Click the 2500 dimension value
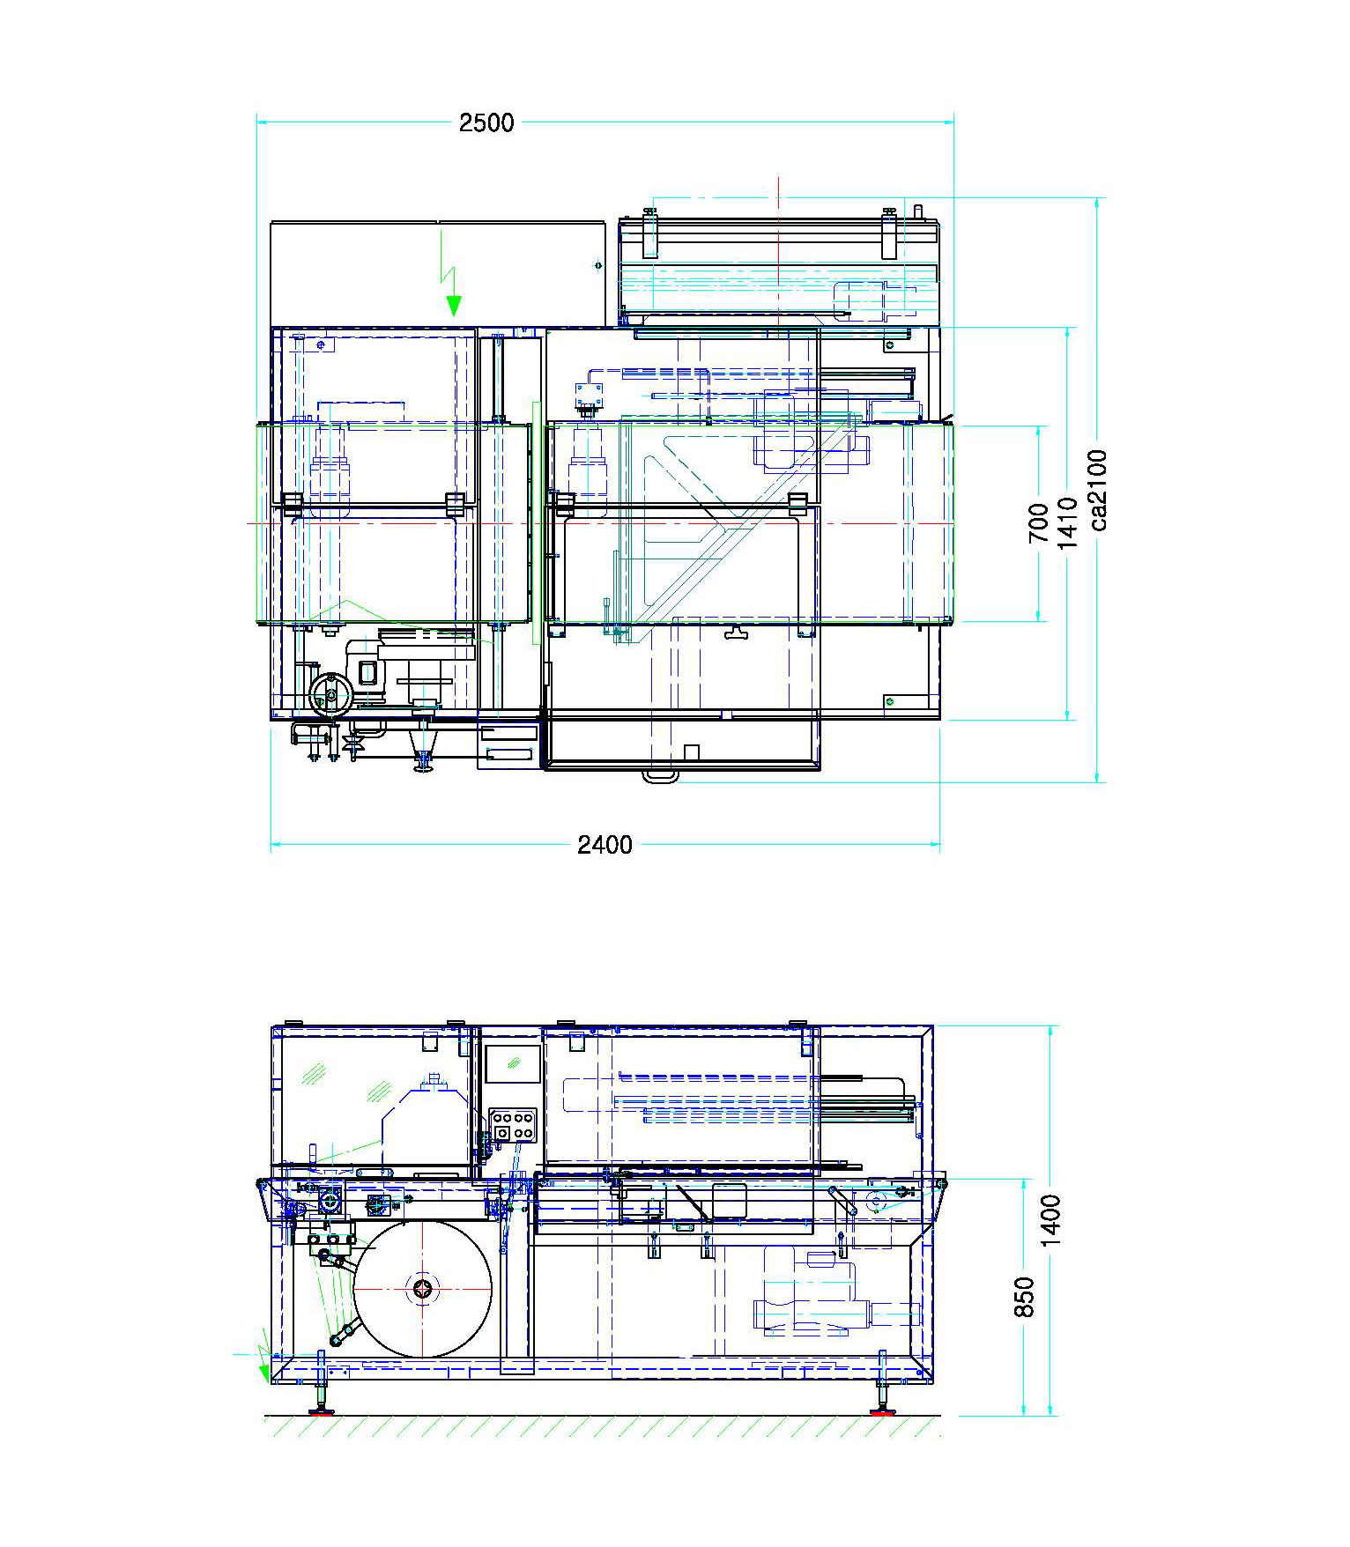point(486,122)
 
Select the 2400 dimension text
point(605,845)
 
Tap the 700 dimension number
point(1040,522)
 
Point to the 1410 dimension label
point(1068,522)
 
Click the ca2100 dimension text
point(1098,491)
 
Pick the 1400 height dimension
point(1051,1220)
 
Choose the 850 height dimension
point(1024,1297)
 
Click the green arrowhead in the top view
point(454,306)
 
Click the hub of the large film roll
point(423,1289)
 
